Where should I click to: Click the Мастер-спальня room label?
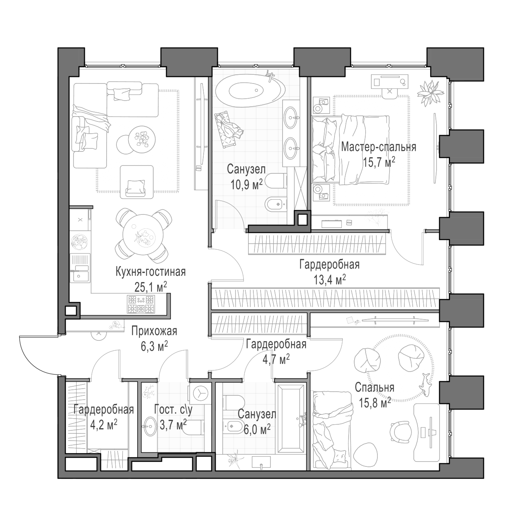click(379, 147)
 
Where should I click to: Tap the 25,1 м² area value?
click(151, 287)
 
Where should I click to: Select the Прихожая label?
click(154, 331)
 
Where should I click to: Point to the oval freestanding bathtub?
click(250, 90)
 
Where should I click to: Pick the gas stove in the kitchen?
click(141, 304)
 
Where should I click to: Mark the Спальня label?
click(374, 387)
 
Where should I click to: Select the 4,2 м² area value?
click(104, 426)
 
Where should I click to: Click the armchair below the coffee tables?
click(137, 182)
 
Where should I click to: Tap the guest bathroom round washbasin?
click(149, 426)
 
